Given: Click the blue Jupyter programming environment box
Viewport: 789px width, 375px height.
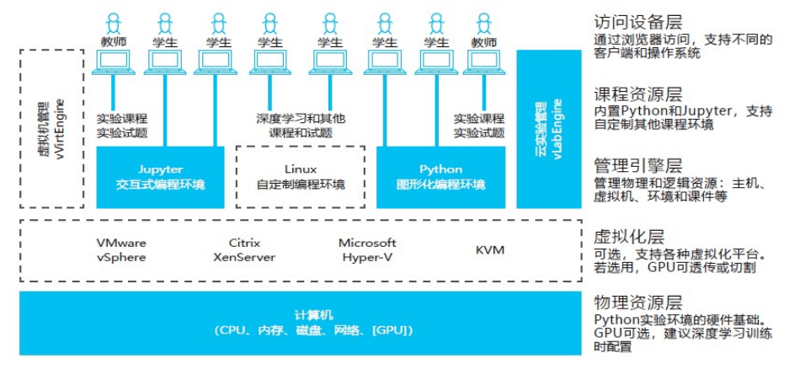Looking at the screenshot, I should tap(159, 177).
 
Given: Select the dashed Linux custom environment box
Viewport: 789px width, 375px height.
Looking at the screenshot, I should tap(300, 177).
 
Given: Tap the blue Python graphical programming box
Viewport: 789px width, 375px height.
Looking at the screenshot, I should tap(440, 177).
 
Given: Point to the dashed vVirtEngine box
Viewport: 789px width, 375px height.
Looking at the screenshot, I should tap(51, 128).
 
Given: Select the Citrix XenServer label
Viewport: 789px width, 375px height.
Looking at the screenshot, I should tap(244, 249).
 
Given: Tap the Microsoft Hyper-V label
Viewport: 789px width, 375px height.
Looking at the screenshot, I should tap(367, 249).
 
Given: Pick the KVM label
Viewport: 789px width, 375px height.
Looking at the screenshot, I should tap(489, 250).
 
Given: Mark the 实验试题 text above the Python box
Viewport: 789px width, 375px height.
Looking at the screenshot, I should tap(479, 133).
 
